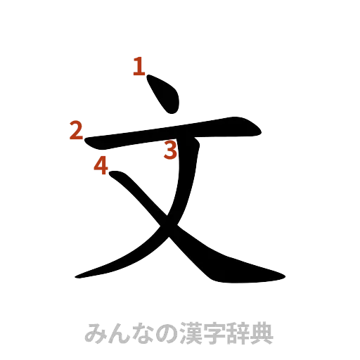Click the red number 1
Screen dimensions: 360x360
click(x=139, y=68)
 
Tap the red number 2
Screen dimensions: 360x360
click(x=76, y=131)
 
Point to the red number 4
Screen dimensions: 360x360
click(x=101, y=167)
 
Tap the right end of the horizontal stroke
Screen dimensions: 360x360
click(x=262, y=131)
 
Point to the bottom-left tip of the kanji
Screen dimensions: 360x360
click(x=76, y=276)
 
